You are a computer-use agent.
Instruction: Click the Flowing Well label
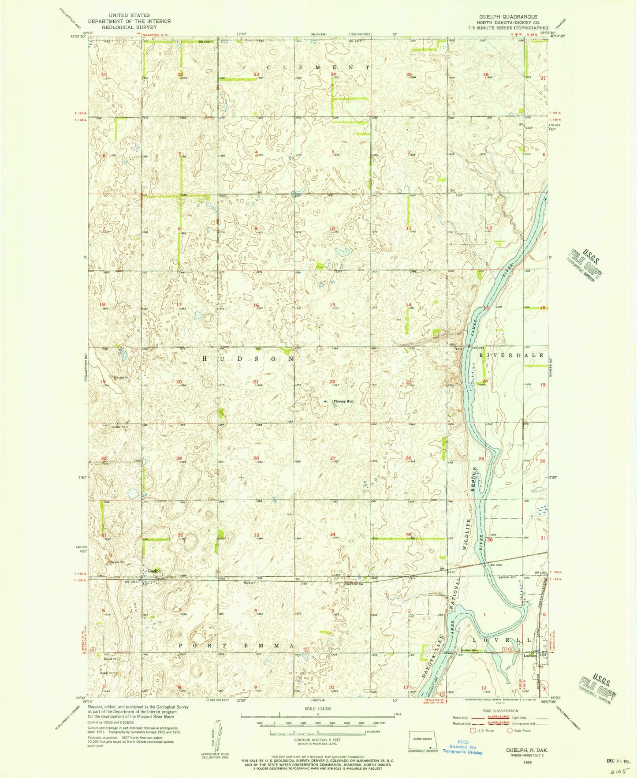coord(344,401)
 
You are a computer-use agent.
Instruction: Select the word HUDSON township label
coord(248,359)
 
